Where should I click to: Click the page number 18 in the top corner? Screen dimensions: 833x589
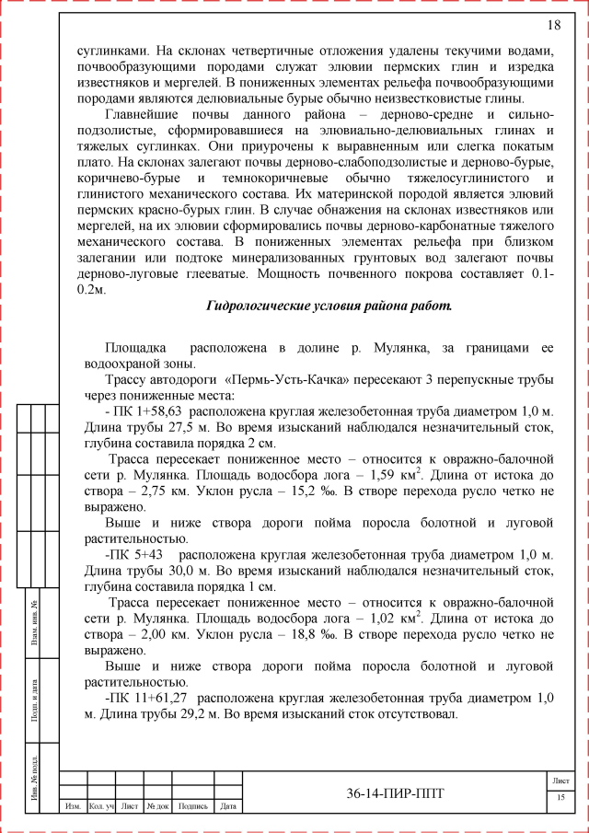[554, 24]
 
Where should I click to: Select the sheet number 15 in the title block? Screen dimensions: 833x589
[560, 796]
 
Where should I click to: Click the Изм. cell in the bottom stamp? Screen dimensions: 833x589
[73, 807]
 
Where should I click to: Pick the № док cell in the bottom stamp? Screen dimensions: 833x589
[157, 807]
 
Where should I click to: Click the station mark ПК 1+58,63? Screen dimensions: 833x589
[148, 412]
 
